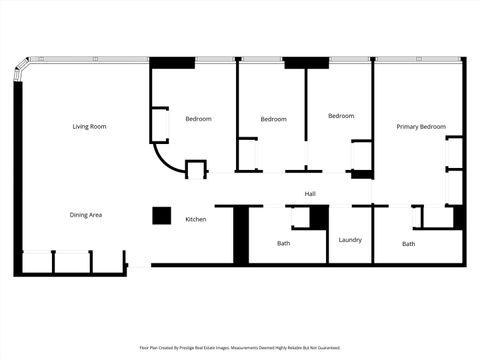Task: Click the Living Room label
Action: click(x=89, y=127)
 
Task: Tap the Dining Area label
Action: click(x=86, y=215)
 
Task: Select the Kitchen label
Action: click(x=196, y=219)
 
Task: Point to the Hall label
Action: click(x=310, y=193)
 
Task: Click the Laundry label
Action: click(x=350, y=240)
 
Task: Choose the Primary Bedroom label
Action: click(x=420, y=127)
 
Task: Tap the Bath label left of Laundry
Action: click(x=283, y=244)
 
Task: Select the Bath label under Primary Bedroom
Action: click(x=408, y=244)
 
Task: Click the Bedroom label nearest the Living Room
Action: click(x=198, y=119)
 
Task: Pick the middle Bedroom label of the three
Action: click(x=273, y=119)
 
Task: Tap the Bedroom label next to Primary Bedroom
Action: click(x=341, y=116)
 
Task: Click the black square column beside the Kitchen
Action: click(x=161, y=215)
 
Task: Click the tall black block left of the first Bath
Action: click(x=240, y=235)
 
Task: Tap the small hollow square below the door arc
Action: click(x=195, y=169)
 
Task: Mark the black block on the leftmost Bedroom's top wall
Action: click(x=172, y=63)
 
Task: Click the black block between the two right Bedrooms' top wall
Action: click(x=306, y=63)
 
